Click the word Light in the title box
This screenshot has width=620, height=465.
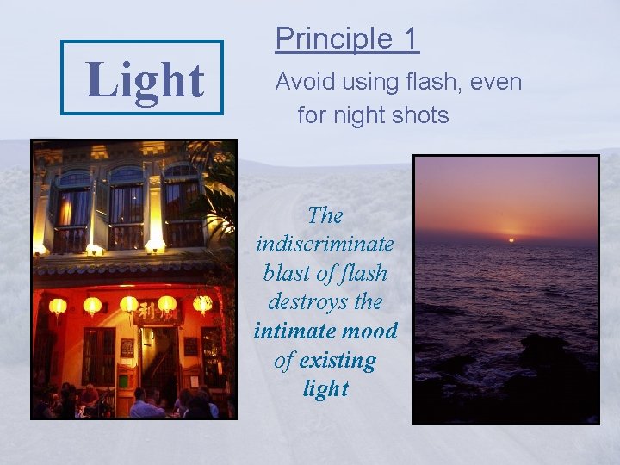click(x=145, y=79)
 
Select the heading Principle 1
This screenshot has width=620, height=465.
click(x=346, y=39)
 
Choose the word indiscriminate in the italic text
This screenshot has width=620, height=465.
click(x=325, y=244)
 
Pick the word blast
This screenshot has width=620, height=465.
click(x=290, y=273)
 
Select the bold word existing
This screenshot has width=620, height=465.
click(x=337, y=359)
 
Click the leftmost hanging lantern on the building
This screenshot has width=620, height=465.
click(x=58, y=306)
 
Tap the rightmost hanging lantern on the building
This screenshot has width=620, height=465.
click(x=202, y=303)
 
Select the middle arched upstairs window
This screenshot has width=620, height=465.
click(x=127, y=207)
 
